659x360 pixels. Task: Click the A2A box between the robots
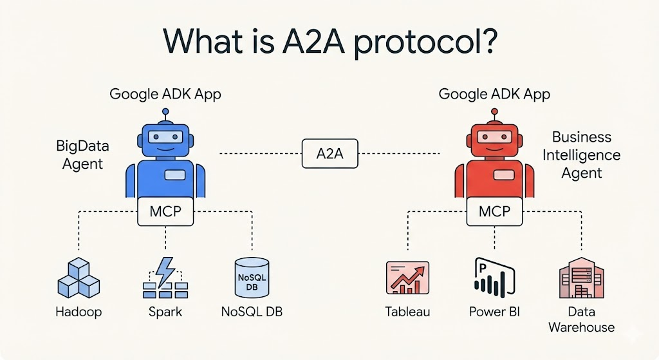[330, 153]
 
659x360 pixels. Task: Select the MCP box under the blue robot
[165, 211]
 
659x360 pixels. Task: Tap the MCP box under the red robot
[495, 211]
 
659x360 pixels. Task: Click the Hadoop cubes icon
[79, 278]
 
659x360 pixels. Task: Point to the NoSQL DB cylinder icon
[252, 278]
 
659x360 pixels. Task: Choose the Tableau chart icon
[407, 278]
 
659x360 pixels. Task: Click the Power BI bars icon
[494, 278]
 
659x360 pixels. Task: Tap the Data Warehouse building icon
[582, 278]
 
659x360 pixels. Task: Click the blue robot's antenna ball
[165, 112]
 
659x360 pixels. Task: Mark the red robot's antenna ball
[495, 112]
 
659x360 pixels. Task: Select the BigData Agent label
[82, 155]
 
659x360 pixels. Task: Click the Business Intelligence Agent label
[582, 155]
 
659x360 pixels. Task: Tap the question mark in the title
[488, 41]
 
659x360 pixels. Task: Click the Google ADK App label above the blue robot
[165, 94]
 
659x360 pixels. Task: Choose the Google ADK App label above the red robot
[494, 94]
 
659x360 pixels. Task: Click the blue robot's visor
[165, 137]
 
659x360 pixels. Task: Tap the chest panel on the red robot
[504, 175]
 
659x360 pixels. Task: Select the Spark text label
[165, 312]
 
